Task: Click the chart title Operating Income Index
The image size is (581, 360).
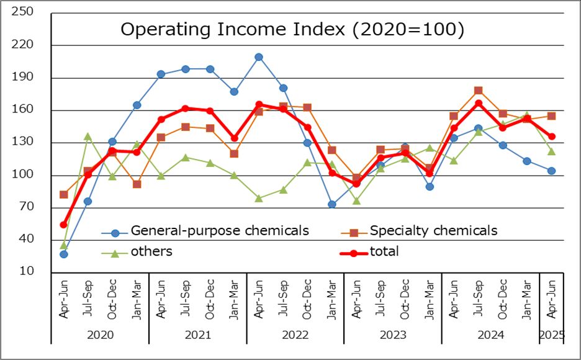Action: [x=292, y=30]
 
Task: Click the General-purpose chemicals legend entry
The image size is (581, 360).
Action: [x=219, y=231]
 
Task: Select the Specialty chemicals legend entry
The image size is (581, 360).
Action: [x=433, y=231]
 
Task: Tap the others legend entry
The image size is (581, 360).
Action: [x=151, y=251]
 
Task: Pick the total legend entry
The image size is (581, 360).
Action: [x=384, y=251]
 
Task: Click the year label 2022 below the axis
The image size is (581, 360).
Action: [x=295, y=335]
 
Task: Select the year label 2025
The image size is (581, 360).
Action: [x=551, y=335]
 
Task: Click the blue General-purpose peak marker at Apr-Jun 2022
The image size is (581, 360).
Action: [x=259, y=57]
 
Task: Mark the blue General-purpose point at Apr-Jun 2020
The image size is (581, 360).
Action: [x=63, y=254]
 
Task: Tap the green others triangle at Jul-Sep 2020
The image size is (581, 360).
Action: [x=88, y=137]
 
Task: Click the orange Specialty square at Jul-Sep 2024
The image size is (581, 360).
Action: [x=478, y=91]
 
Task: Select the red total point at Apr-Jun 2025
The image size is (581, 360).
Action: [x=551, y=137]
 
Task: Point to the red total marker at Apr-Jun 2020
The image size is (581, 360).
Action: [x=63, y=225]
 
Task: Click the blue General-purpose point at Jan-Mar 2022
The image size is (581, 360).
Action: [x=332, y=204]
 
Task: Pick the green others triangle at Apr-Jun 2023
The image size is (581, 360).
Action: [x=356, y=201]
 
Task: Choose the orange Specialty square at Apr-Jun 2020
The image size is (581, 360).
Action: [x=63, y=194]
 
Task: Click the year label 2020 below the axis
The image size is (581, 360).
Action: [x=100, y=335]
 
